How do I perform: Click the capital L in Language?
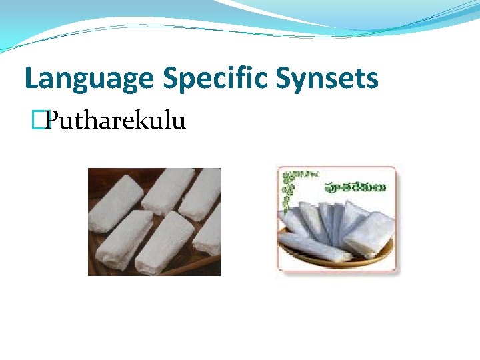pyautogui.click(x=31, y=79)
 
